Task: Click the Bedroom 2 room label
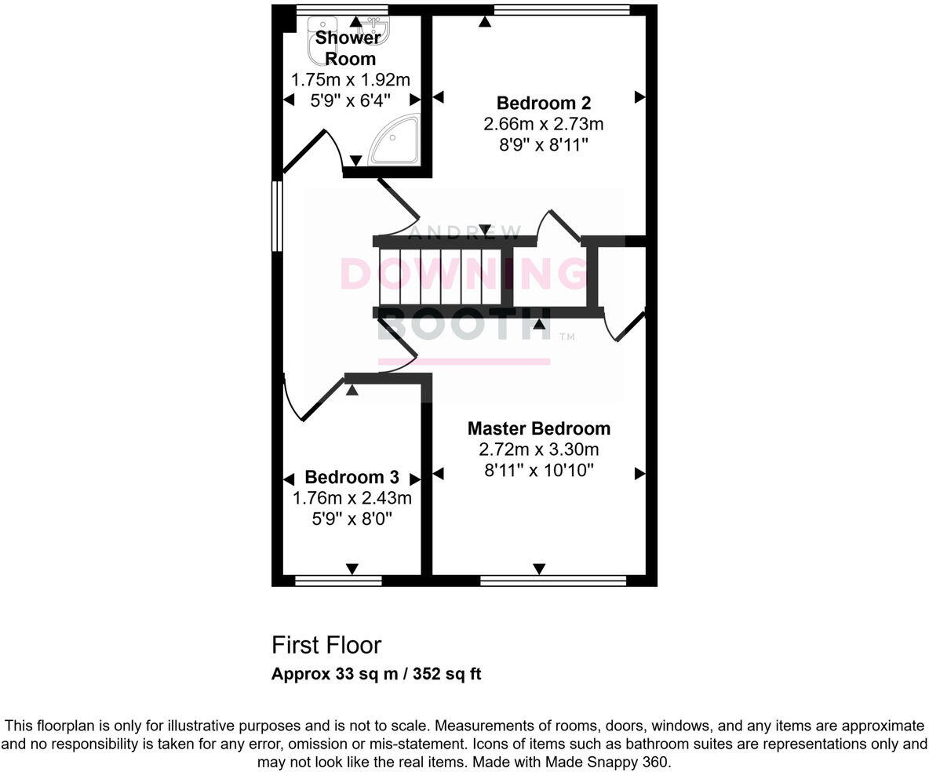[543, 103]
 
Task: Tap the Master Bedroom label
[538, 428]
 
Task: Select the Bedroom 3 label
[352, 477]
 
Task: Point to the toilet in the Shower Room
[320, 49]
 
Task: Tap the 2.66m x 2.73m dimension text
[543, 124]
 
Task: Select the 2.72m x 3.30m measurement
[538, 450]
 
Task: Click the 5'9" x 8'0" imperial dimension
[352, 519]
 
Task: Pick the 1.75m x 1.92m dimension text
[350, 79]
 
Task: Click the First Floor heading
[326, 645]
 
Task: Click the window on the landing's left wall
[277, 216]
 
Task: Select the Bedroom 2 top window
[562, 9]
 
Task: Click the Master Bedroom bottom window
[553, 581]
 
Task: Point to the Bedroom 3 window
[337, 581]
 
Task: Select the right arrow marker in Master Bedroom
[639, 474]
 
